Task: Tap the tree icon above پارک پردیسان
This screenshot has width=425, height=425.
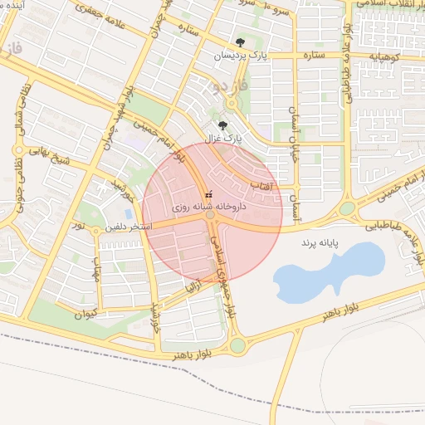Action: pos(240,42)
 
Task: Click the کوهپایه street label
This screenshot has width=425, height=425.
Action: pos(384,56)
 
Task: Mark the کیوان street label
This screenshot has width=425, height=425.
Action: pos(85,313)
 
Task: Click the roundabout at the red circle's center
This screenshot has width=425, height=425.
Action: pos(212,214)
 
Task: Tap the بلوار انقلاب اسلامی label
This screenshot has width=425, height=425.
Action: pos(390,4)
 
